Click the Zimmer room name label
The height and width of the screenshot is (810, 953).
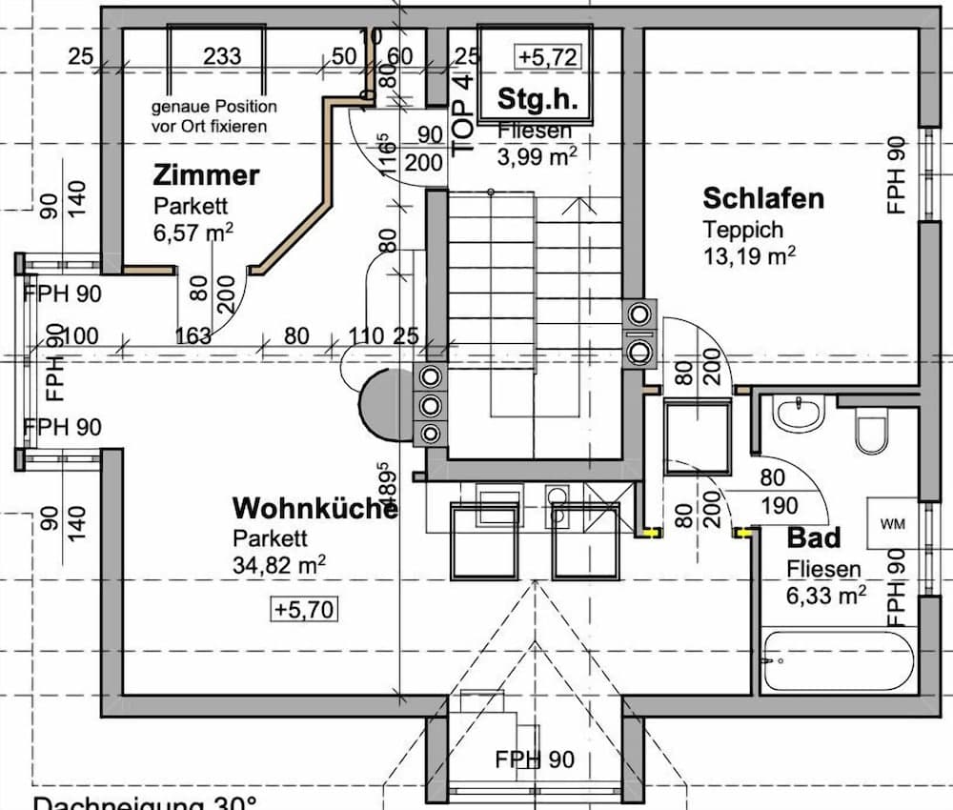click(x=206, y=175)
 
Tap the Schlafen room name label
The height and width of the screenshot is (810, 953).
click(x=763, y=199)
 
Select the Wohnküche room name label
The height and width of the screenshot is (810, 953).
click(x=315, y=508)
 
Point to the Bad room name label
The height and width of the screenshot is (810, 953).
click(x=814, y=538)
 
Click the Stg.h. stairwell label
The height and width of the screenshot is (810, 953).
click(x=538, y=98)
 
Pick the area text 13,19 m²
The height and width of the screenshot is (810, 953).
click(x=750, y=255)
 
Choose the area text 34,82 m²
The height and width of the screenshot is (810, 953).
click(x=279, y=564)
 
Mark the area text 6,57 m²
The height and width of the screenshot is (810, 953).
click(x=193, y=233)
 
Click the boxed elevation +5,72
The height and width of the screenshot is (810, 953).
click(x=548, y=56)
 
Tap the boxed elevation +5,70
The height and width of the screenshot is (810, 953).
click(x=304, y=609)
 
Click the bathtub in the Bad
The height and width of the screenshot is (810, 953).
click(x=839, y=659)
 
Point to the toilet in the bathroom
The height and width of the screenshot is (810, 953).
click(x=871, y=431)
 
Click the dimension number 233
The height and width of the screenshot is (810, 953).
click(x=222, y=57)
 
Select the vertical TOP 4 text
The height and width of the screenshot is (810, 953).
click(x=464, y=114)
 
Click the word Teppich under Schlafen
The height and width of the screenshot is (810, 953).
click(x=743, y=230)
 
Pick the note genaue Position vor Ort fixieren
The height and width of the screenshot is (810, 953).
click(x=214, y=116)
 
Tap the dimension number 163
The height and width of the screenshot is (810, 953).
click(x=193, y=335)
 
